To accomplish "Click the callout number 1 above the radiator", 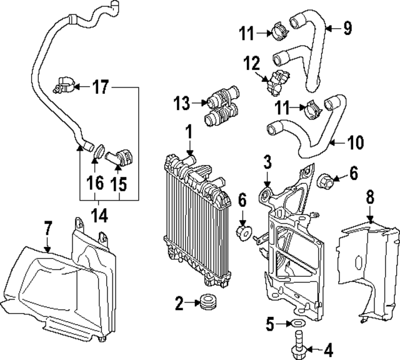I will (187, 132).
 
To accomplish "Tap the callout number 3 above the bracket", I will (267, 164).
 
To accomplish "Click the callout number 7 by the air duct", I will (47, 229).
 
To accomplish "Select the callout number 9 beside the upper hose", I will (347, 28).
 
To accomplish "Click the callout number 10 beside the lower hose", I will (354, 142).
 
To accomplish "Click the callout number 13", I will (181, 101).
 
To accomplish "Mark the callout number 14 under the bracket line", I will (99, 216).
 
